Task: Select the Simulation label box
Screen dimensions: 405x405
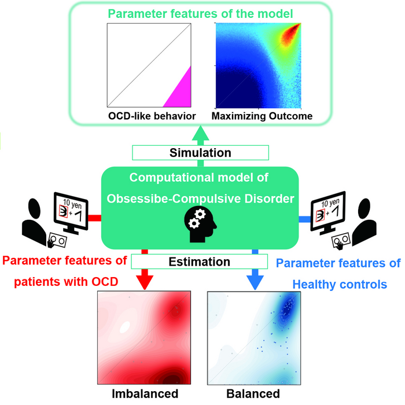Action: [200, 153]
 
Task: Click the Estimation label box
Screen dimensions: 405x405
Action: [200, 262]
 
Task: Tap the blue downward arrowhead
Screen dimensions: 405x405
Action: [253, 279]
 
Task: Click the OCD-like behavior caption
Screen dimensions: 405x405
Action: [152, 116]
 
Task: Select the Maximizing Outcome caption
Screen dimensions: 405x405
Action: [262, 116]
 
